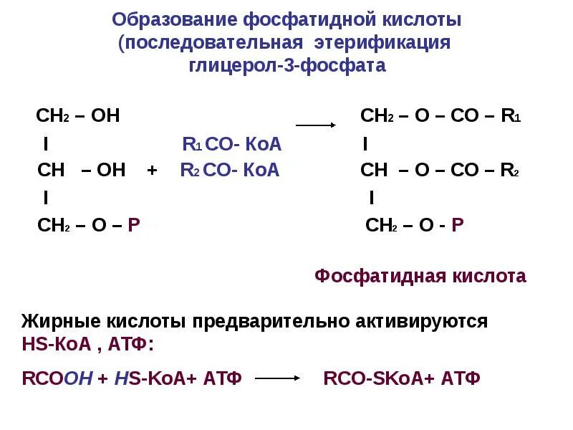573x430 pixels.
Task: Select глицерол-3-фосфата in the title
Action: coord(286,66)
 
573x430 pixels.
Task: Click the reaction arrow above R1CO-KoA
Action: coord(316,125)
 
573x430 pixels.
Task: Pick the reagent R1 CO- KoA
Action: coord(232,145)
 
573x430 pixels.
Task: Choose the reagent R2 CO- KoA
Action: coord(229,171)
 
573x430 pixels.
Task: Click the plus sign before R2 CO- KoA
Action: coord(152,171)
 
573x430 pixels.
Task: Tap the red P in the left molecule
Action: coord(133,225)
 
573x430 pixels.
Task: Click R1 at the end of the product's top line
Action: coord(511,116)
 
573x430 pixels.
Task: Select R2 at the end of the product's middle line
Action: coord(510,171)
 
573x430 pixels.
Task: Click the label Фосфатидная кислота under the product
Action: coord(420,276)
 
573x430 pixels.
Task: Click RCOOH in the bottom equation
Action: coord(58,378)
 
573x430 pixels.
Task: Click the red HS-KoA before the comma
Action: coord(57,344)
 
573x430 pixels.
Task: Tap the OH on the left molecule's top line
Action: coord(105,116)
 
